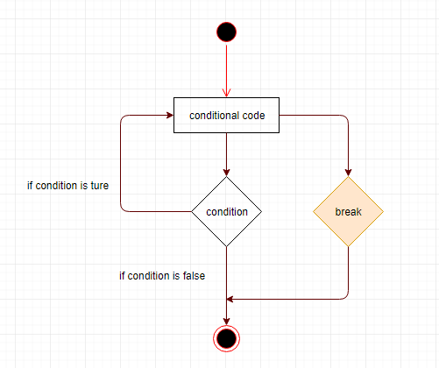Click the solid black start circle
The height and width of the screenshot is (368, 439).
[x=226, y=32]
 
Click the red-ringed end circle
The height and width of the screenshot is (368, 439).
[x=226, y=338]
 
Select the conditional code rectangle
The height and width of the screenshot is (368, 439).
[x=226, y=115]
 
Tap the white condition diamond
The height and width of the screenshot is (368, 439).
[x=226, y=211]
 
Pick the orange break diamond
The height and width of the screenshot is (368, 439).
[x=348, y=211]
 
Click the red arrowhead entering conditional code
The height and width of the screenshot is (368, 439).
[x=226, y=93]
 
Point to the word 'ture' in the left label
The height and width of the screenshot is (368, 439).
[x=100, y=186]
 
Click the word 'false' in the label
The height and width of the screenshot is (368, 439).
[x=194, y=276]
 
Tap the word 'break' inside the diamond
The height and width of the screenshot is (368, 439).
[x=348, y=212]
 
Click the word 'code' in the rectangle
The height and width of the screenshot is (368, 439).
[x=253, y=116]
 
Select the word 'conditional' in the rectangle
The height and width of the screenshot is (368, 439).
[x=215, y=116]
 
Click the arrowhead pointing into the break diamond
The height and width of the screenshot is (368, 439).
[x=348, y=173]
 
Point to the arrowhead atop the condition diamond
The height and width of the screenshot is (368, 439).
[x=226, y=173]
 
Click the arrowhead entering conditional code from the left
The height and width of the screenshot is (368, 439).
[x=170, y=115]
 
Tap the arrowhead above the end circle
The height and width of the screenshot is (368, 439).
[x=226, y=321]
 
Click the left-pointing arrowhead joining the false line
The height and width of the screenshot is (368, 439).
[x=230, y=299]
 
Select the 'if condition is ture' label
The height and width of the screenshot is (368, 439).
[x=67, y=186]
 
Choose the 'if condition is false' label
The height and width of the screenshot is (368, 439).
[x=162, y=276]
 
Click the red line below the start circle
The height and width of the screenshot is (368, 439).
[x=226, y=69]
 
